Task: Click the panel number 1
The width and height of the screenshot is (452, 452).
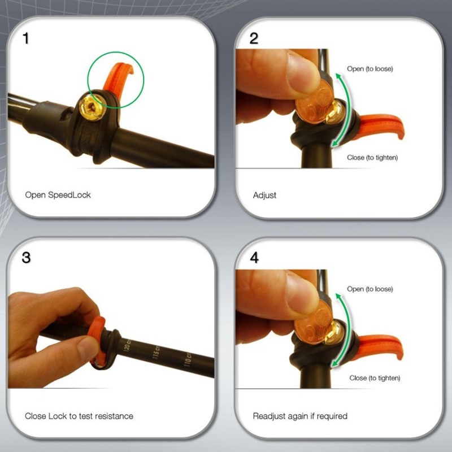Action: (x=26, y=38)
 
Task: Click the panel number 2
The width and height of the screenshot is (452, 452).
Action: (x=254, y=38)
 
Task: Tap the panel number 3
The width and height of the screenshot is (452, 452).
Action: (x=26, y=258)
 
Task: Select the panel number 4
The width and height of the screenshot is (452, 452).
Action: (x=254, y=258)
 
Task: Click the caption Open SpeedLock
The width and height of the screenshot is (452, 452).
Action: (x=58, y=195)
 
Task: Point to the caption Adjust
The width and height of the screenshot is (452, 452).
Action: (x=264, y=195)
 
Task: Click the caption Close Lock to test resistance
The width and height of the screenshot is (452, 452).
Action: (x=79, y=416)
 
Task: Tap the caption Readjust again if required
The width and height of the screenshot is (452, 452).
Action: (x=300, y=416)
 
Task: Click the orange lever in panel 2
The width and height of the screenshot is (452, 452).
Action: (x=380, y=126)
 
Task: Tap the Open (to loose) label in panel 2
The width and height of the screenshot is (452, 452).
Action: (x=370, y=69)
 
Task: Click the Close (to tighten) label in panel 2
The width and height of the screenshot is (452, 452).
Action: (x=372, y=158)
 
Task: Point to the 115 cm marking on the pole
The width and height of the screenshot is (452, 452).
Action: (x=156, y=352)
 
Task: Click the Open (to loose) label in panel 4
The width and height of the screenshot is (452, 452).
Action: (x=370, y=289)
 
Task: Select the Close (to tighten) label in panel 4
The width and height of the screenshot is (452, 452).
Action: (x=375, y=378)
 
